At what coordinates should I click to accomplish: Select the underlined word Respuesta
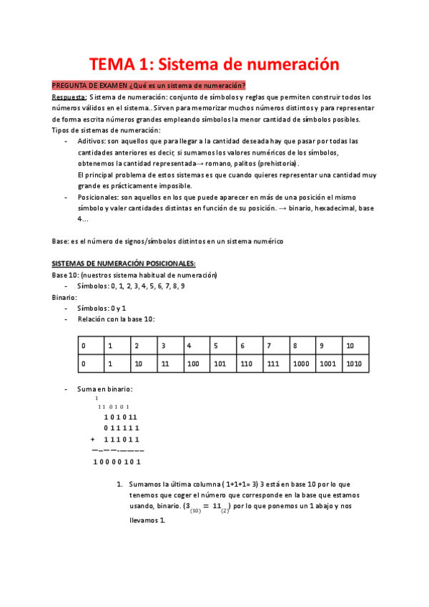point(69,97)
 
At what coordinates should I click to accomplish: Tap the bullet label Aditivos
point(92,142)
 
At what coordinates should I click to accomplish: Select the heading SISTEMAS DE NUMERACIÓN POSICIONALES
point(119,263)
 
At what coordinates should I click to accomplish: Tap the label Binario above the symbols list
point(64,297)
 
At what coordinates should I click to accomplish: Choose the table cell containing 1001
point(328,364)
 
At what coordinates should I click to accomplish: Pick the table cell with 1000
point(302,364)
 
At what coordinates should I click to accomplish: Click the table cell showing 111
point(272,364)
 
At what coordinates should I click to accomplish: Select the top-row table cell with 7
point(269,346)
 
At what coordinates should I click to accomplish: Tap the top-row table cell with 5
point(215,346)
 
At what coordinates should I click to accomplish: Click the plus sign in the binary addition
point(93,439)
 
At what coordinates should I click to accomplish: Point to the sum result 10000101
point(117,462)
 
